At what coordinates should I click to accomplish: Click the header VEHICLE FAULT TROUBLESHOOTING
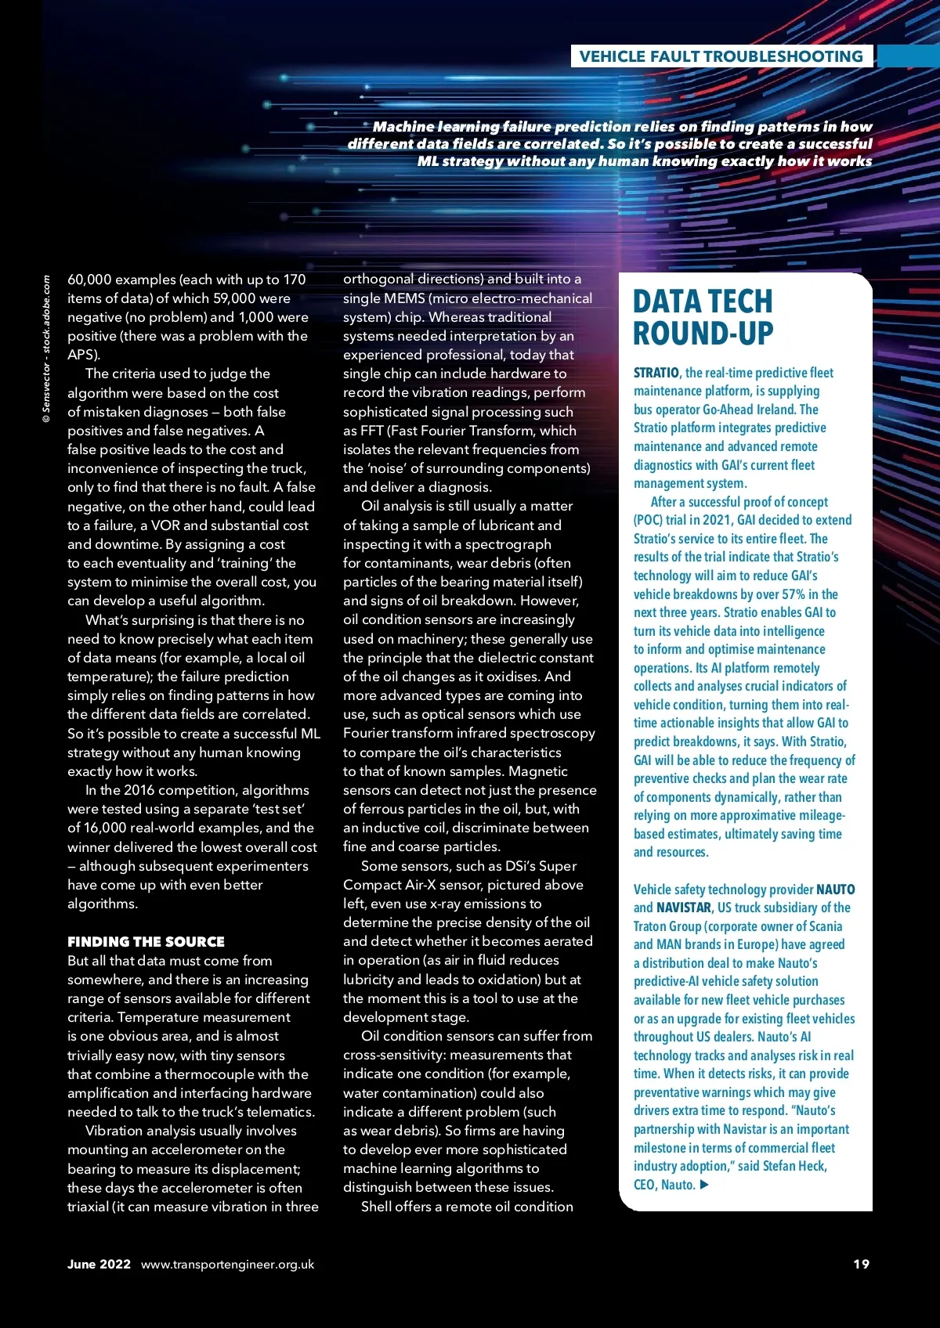pyautogui.click(x=721, y=56)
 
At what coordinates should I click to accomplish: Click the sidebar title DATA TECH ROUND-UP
pyautogui.click(x=703, y=317)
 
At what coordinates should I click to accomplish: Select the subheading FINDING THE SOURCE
pyautogui.click(x=146, y=941)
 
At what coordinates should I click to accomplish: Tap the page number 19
pyautogui.click(x=861, y=1264)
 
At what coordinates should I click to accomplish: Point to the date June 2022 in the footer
pyautogui.click(x=99, y=1264)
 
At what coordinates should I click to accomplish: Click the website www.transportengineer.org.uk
pyautogui.click(x=227, y=1264)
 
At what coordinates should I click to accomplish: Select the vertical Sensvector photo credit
pyautogui.click(x=46, y=349)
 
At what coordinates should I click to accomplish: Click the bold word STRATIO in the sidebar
pyautogui.click(x=656, y=373)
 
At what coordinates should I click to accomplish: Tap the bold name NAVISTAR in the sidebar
pyautogui.click(x=684, y=908)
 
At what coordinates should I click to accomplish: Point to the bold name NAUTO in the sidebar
pyautogui.click(x=835, y=890)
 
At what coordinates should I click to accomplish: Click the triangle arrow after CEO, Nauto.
pyautogui.click(x=704, y=1185)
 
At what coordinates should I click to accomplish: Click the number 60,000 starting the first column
pyautogui.click(x=89, y=280)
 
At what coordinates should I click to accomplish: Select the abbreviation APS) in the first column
pyautogui.click(x=84, y=355)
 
